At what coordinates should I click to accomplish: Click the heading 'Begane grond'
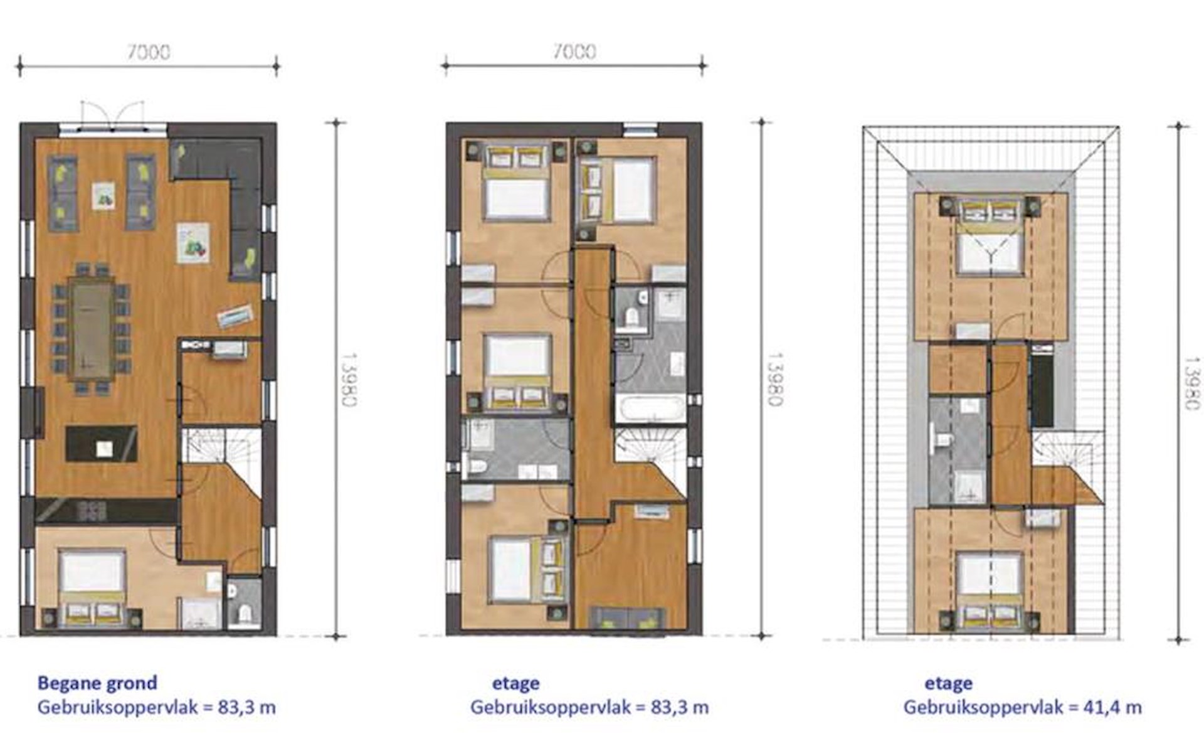(x=97, y=683)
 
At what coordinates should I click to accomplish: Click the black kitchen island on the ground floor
(x=102, y=444)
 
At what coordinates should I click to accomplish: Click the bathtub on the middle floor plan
(x=650, y=408)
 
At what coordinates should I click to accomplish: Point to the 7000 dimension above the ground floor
(x=149, y=52)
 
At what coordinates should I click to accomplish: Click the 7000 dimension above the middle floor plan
(x=574, y=51)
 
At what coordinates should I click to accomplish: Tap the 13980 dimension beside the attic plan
(x=1193, y=383)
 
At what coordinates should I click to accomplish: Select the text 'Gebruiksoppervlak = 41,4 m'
(x=1022, y=708)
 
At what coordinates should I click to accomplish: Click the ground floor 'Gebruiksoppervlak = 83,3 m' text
(x=157, y=708)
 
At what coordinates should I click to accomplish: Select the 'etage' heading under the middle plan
(x=515, y=683)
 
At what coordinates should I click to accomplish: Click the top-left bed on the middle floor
(x=516, y=183)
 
